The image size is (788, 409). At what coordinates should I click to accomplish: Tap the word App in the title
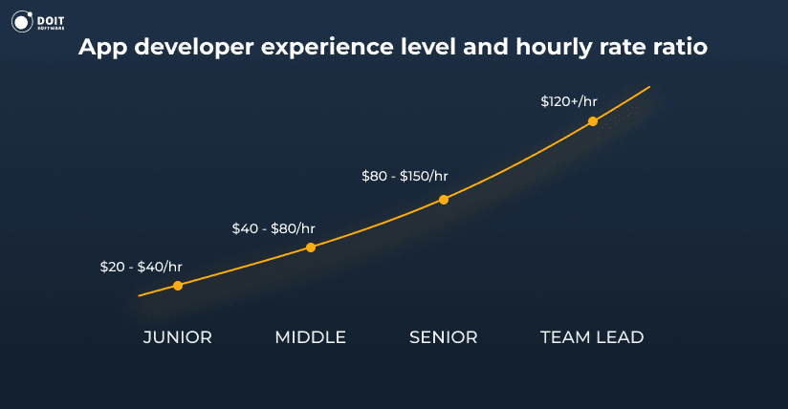(x=100, y=48)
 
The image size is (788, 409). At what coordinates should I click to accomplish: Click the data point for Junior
(x=178, y=285)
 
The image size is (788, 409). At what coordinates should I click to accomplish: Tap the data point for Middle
(x=311, y=248)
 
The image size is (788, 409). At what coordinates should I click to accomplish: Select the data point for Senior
(x=444, y=200)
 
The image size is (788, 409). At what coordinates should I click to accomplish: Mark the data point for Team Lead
(x=593, y=121)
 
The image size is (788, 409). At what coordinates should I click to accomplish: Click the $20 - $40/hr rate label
(x=141, y=267)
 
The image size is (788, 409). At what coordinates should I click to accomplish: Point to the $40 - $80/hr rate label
(x=274, y=228)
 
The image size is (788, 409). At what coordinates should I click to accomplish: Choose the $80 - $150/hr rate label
(x=405, y=176)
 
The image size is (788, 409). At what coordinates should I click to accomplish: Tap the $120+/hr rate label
(x=569, y=101)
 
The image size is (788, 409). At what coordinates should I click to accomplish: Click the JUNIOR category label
(x=178, y=337)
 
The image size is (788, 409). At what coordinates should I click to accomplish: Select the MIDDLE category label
(x=310, y=337)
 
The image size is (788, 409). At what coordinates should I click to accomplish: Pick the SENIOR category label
(x=443, y=337)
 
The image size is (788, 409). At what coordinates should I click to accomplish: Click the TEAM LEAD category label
(x=592, y=337)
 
